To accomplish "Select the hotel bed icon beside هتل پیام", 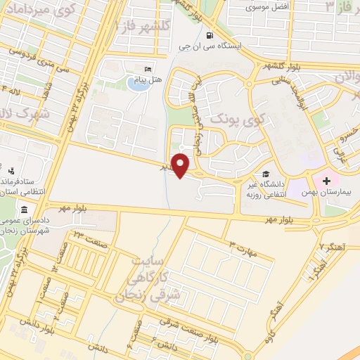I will (147, 70).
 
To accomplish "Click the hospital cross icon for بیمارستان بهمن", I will (327, 181).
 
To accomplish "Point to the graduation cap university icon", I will (265, 174).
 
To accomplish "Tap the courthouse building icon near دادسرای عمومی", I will (25, 211).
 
